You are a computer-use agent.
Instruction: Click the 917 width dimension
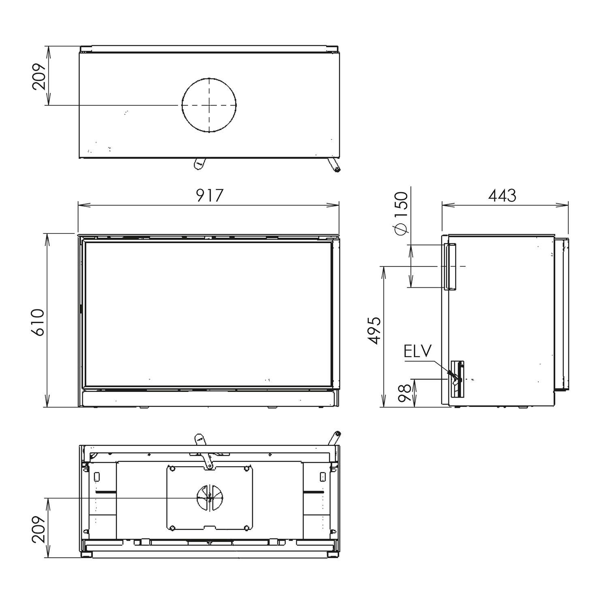[x=210, y=195]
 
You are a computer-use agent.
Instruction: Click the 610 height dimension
[x=37, y=322]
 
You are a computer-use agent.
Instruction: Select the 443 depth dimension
[x=502, y=195]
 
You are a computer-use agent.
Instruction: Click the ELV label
[x=417, y=351]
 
